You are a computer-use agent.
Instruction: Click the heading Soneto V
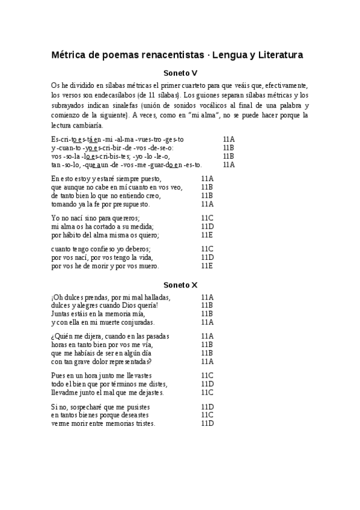[x=180, y=73]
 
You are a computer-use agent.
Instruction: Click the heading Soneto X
[x=180, y=284]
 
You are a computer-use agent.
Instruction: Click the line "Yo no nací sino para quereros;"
[x=96, y=218]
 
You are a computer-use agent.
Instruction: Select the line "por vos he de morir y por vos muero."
[x=105, y=265]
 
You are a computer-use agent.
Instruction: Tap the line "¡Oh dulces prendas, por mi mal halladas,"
[x=111, y=297]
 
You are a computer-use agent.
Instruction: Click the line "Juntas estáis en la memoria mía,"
[x=98, y=313]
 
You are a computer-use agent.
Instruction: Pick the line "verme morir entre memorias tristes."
[x=103, y=423]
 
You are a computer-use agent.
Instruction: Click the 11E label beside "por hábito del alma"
[x=207, y=235]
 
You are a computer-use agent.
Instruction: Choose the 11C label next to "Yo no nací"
[x=207, y=218]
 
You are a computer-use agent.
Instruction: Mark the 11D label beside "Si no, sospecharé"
[x=207, y=407]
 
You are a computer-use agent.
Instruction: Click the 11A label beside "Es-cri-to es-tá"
[x=228, y=140]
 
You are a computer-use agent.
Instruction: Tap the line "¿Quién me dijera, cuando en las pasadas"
[x=111, y=336]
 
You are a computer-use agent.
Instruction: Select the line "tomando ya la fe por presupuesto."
[x=101, y=204]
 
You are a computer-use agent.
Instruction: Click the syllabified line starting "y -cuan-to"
[x=113, y=148]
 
